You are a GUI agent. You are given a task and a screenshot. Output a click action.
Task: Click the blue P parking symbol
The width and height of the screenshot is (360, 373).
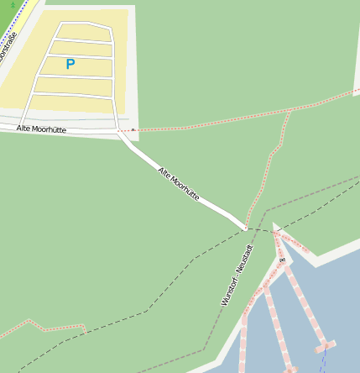pos(70,64)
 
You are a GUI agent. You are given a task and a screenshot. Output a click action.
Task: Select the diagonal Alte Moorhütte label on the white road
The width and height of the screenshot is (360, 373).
pos(179,183)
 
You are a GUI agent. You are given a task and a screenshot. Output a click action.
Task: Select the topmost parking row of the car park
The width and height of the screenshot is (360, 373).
pos(84,31)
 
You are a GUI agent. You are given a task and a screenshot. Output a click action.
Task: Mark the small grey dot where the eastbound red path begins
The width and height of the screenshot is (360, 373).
pos(131,130)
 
